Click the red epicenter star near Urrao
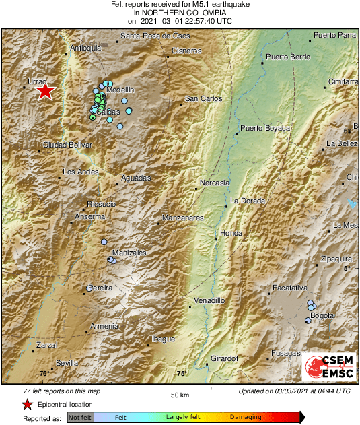[x=44, y=91]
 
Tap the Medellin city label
[x=121, y=90]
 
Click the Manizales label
[x=130, y=253]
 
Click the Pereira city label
[x=99, y=288]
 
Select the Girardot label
[x=225, y=358]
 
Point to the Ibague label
[x=163, y=338]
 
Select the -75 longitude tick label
[x=179, y=373]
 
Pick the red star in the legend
[x=28, y=404]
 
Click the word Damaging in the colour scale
[x=246, y=418]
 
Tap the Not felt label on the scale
[x=80, y=418]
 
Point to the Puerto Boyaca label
[x=265, y=128]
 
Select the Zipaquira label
[x=334, y=258]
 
